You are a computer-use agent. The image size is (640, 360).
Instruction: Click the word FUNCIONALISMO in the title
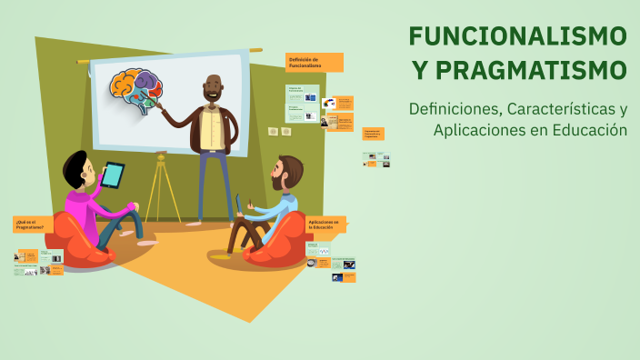(x=517, y=36)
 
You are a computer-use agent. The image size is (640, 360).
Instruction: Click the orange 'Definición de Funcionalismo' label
(x=315, y=62)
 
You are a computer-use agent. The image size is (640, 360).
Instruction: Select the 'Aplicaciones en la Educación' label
(x=325, y=224)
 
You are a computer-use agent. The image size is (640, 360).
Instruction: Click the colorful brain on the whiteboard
(x=136, y=91)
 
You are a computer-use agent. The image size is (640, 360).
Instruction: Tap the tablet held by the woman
(x=113, y=175)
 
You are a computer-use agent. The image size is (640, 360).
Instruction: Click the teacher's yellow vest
(x=213, y=127)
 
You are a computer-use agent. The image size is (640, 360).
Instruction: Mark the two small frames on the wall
(x=279, y=132)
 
